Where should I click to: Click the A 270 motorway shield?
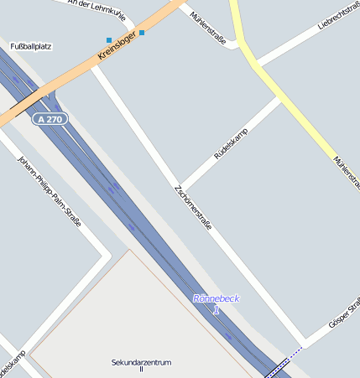tap(50, 119)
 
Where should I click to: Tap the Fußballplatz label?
tap(30, 46)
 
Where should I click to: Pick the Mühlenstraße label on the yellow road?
tap(346, 171)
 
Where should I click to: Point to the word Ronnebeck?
tap(217, 298)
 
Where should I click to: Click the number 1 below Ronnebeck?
tap(217, 310)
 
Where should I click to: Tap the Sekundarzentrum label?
tap(141, 362)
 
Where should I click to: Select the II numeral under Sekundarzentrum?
tap(141, 370)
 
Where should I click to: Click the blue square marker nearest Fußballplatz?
tap(108, 39)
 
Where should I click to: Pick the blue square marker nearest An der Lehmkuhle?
tap(142, 33)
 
